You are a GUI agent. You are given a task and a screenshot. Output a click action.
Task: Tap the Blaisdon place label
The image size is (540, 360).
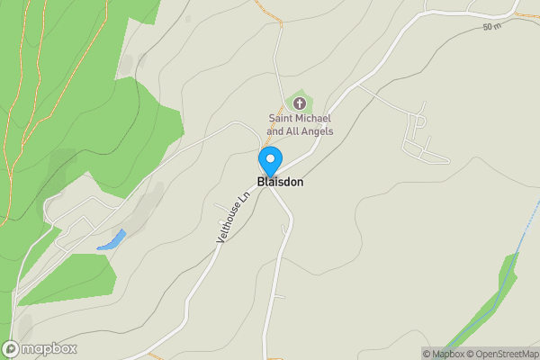click(x=280, y=182)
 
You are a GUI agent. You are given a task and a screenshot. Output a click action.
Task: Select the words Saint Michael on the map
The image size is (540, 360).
click(x=301, y=118)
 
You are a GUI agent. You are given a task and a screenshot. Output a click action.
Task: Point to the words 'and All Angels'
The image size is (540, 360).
click(x=301, y=131)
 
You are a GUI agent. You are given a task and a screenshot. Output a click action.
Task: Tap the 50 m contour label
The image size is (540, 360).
click(x=490, y=27)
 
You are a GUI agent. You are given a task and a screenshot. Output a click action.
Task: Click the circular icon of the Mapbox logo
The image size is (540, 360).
click(x=11, y=349)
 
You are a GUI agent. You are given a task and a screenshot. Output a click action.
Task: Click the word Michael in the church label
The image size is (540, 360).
click(x=315, y=118)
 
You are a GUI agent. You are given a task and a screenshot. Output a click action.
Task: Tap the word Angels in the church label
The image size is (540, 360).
click(x=318, y=131)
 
